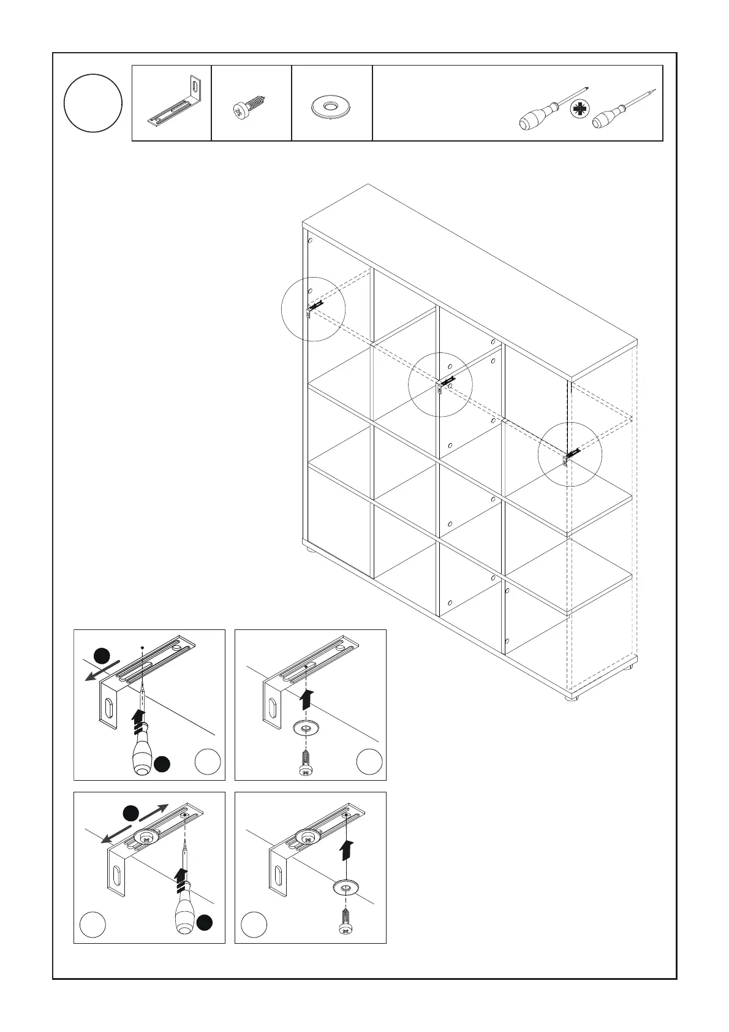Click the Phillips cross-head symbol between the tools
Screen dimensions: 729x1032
578,110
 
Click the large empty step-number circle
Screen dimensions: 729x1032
93,103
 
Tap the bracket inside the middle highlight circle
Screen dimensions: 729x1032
445,384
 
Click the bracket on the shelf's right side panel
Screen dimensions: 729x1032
570,457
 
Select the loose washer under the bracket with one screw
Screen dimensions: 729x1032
346,886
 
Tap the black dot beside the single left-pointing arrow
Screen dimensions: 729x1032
102,655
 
